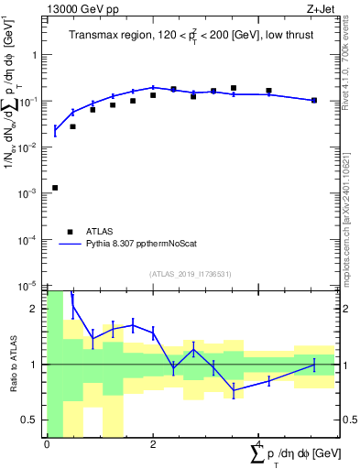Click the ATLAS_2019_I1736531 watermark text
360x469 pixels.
pyautogui.click(x=191, y=273)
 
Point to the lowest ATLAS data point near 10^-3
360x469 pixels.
pyautogui.click(x=55, y=188)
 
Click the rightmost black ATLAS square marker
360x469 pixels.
pyautogui.click(x=314, y=100)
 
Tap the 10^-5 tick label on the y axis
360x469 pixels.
pyautogui.click(x=30, y=286)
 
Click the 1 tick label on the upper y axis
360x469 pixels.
pyautogui.click(x=35, y=55)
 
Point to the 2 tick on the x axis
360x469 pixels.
pyautogui.click(x=152, y=443)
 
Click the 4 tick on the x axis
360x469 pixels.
pyautogui.click(x=258, y=443)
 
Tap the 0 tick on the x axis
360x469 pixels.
pyautogui.click(x=46, y=443)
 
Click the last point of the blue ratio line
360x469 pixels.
pyautogui.click(x=314, y=365)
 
